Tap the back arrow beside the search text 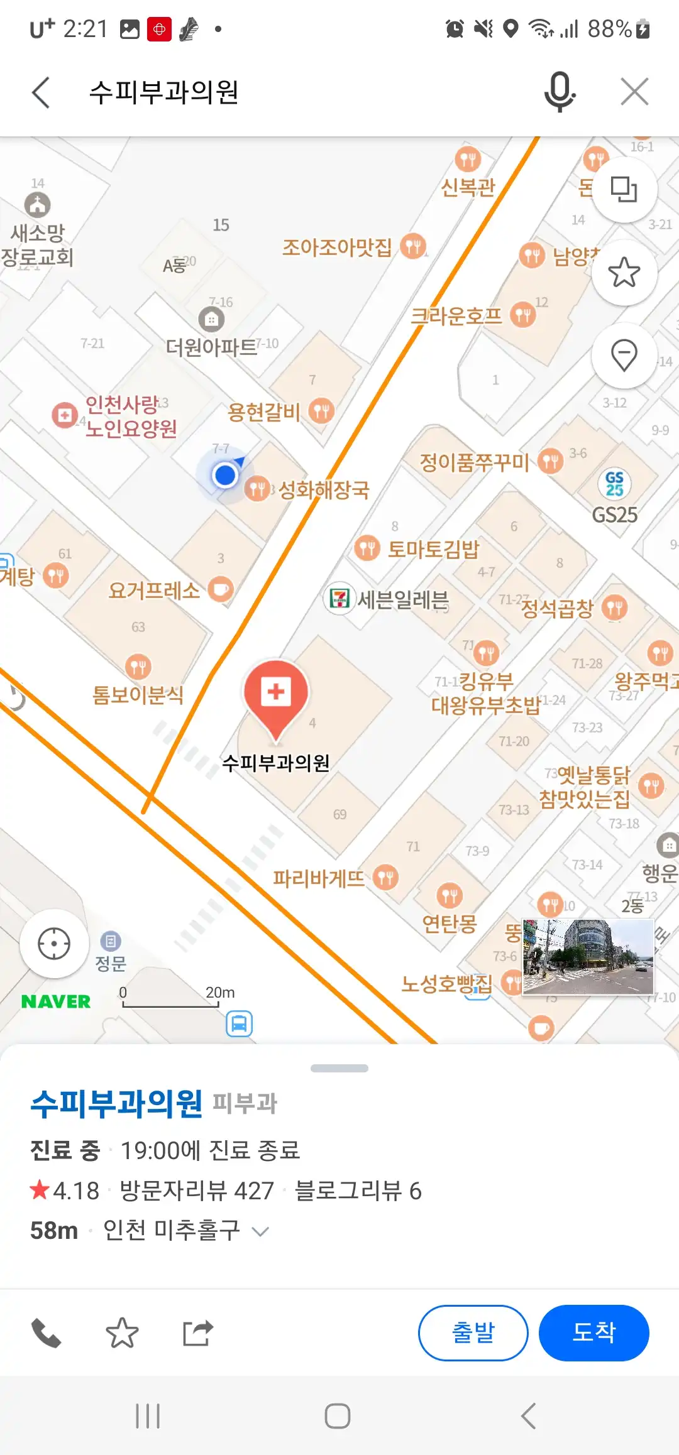pos(41,93)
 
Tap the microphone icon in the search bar pos(559,92)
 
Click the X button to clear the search pos(634,92)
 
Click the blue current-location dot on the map pos(224,475)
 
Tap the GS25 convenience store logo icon pos(614,484)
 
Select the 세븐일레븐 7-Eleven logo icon pos(340,598)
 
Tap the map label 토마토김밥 pos(433,549)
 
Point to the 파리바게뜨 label pos(319,878)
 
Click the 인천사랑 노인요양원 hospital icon pos(64,415)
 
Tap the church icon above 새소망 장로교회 pos(38,205)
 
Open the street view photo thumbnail pos(588,957)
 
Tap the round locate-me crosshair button pos(54,944)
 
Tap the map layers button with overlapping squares pos(624,189)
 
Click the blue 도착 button pos(593,1332)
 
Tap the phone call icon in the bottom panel pos(47,1333)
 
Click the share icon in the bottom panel pos(198,1333)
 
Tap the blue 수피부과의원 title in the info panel pos(117,1104)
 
